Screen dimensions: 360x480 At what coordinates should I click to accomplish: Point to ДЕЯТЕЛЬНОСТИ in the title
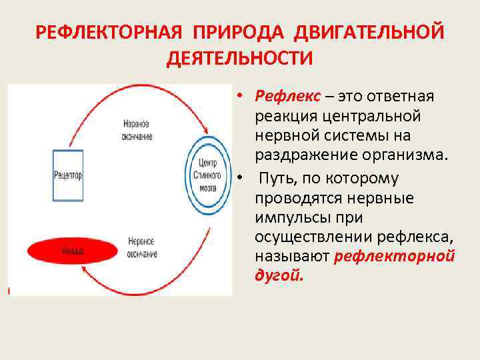click(239, 58)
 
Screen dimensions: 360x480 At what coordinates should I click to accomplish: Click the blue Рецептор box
click(67, 175)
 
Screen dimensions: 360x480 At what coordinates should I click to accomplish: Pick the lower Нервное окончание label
click(140, 247)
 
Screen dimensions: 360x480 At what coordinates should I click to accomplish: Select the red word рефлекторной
click(395, 257)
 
